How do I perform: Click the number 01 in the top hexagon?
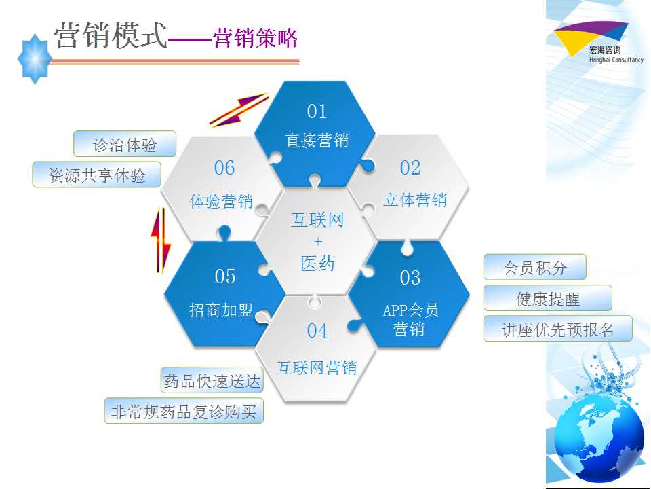click(317, 111)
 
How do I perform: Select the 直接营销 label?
click(317, 140)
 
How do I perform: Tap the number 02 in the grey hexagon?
click(410, 168)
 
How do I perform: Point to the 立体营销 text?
click(415, 200)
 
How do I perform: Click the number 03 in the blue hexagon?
click(410, 278)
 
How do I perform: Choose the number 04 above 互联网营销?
click(317, 331)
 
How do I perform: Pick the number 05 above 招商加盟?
click(224, 276)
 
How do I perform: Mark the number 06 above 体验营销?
click(224, 168)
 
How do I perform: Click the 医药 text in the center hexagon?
click(317, 264)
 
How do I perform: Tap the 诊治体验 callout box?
click(125, 144)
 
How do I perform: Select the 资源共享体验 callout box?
click(96, 175)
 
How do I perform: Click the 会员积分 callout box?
click(535, 267)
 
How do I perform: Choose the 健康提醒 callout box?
click(548, 297)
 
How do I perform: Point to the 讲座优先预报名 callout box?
click(557, 329)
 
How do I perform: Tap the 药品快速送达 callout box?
click(212, 380)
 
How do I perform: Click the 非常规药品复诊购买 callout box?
click(184, 411)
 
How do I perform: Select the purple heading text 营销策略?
click(256, 38)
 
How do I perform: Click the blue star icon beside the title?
click(35, 59)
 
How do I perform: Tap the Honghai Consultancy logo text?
click(616, 60)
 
